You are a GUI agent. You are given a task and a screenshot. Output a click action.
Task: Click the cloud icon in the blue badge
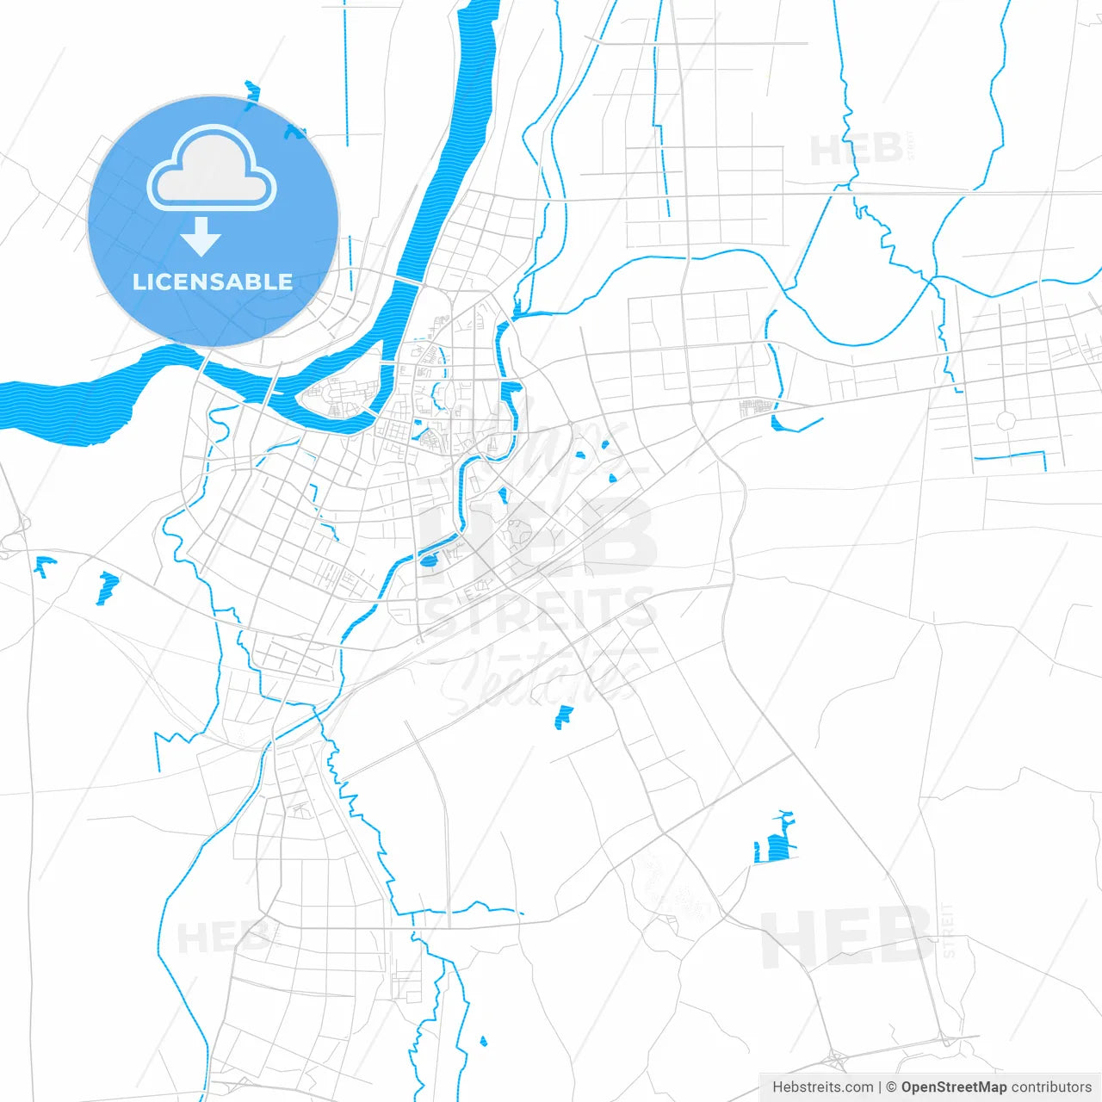pos(212,169)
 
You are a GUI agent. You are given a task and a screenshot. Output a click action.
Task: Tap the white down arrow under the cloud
pos(201,237)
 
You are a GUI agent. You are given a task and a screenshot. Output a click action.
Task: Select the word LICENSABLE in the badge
pos(213,282)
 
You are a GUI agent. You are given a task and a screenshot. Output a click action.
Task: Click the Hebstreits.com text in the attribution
pos(822,1087)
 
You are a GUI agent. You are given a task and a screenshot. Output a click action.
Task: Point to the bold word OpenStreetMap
pos(954,1087)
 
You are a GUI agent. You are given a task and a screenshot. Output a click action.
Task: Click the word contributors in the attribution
pos(1051,1087)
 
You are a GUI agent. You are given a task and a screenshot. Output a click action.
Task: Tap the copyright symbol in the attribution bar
pos(892,1087)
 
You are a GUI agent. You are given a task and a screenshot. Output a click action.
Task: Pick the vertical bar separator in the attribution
pos(879,1087)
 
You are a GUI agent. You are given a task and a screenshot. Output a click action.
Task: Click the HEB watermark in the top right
pos(857,151)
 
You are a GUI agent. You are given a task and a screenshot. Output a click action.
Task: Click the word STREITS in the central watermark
pos(541,614)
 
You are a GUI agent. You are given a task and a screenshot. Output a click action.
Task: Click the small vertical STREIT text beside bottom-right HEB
pos(948,931)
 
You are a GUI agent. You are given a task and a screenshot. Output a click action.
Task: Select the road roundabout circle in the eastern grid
pos(1006,421)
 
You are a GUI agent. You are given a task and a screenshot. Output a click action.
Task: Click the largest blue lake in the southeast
pos(777,844)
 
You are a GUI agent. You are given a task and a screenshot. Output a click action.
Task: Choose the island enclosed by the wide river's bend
pos(338,397)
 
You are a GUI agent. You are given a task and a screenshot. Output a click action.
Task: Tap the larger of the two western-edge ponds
pos(107,588)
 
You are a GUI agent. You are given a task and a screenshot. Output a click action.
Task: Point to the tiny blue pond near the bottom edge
pos(483,1042)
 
